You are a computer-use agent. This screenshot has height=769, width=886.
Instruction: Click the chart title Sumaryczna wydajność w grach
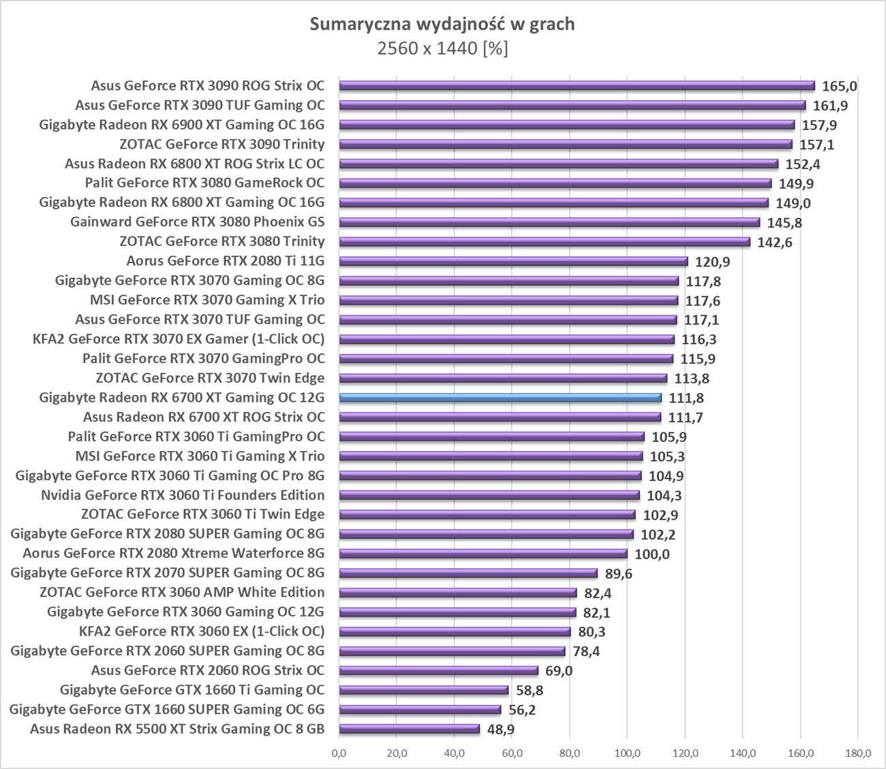(442, 25)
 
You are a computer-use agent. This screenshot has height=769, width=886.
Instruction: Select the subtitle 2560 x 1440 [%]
(442, 49)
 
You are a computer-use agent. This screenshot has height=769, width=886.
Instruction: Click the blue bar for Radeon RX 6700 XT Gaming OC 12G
(500, 398)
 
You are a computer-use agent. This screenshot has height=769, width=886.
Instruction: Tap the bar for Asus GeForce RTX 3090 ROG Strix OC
(577, 86)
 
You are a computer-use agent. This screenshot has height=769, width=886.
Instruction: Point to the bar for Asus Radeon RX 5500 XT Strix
(409, 729)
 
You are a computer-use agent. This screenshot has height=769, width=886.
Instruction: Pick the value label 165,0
(840, 86)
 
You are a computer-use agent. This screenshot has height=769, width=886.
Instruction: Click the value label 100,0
(652, 554)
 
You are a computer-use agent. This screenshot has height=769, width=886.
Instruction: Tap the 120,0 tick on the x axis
(685, 753)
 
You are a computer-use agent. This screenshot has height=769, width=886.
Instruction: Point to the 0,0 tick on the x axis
(339, 753)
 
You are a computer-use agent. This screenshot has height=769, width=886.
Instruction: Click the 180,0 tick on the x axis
(858, 753)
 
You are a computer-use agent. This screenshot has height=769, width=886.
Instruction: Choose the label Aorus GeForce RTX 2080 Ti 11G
(226, 261)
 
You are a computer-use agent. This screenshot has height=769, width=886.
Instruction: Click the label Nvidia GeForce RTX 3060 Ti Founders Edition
(183, 495)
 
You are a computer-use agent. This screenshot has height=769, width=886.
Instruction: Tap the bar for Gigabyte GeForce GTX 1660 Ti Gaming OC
(423, 690)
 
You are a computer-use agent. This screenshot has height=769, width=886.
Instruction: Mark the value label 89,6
(618, 574)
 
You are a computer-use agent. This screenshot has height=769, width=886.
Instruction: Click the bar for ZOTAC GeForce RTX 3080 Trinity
(545, 242)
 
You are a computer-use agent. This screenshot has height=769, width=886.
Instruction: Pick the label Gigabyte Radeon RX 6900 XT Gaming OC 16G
(182, 125)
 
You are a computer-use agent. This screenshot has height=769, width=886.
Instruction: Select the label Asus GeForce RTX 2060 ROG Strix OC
(208, 670)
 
